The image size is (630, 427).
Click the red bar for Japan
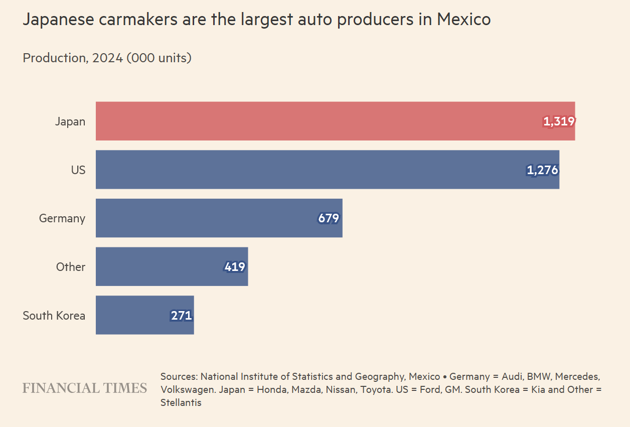[x=316, y=121]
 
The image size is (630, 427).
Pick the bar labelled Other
[x=161, y=266]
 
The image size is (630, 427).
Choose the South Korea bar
[x=130, y=315]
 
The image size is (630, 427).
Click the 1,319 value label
[x=559, y=121]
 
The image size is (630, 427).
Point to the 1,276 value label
[x=542, y=170]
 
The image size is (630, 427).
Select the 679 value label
[x=329, y=218]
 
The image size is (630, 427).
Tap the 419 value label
[x=235, y=267]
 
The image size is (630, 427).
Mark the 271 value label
[x=182, y=316]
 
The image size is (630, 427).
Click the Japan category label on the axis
[x=70, y=121]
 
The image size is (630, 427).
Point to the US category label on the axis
[x=78, y=170]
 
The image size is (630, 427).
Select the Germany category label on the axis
[x=62, y=218]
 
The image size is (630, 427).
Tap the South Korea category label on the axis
[x=54, y=316]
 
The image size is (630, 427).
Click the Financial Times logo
[x=85, y=388]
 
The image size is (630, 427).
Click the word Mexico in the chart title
[x=463, y=20]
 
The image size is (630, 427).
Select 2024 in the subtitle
[x=107, y=58]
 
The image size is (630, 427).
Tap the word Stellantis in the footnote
[x=181, y=402]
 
